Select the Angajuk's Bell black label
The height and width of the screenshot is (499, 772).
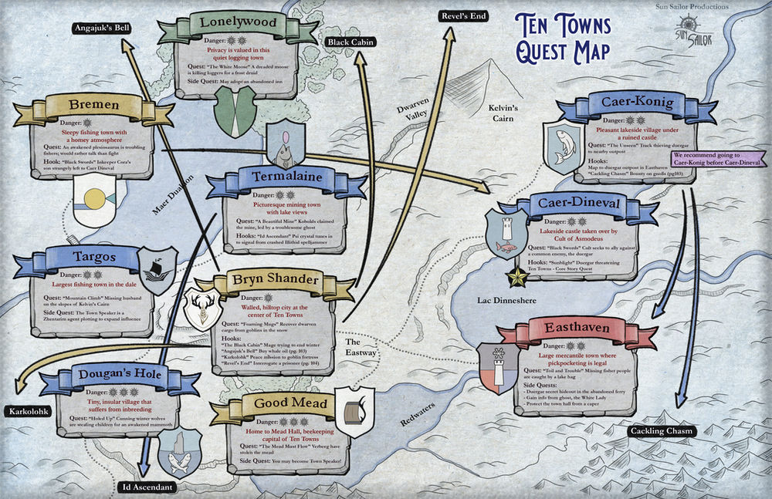100,29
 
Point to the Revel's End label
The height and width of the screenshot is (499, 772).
463,15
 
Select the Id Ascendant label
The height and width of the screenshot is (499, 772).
148,487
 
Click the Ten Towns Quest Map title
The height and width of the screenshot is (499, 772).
563,39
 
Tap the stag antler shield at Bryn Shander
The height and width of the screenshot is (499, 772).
203,308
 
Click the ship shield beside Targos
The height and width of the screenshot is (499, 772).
158,271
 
